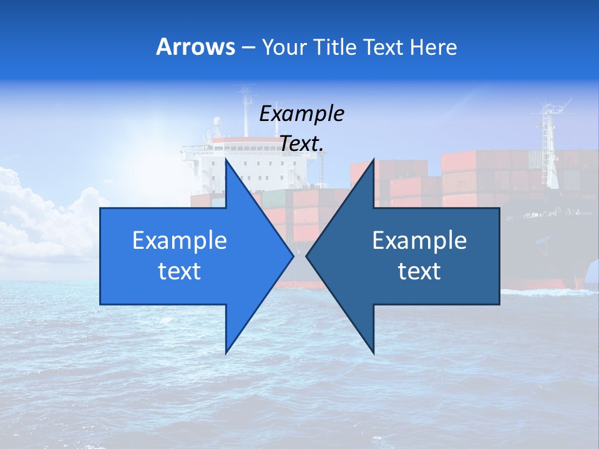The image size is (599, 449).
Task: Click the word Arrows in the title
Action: click(x=196, y=47)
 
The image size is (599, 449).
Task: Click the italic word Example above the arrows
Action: click(x=302, y=113)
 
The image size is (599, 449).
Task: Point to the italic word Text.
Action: click(x=302, y=143)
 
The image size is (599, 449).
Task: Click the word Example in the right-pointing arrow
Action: click(x=180, y=241)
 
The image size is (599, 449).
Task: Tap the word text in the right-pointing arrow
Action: click(x=180, y=271)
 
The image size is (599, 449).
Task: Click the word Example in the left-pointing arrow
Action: click(x=419, y=241)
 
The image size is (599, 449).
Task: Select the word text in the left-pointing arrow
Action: click(x=419, y=271)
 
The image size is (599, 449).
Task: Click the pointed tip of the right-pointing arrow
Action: click(x=293, y=256)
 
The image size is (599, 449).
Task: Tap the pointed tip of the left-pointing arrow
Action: click(x=306, y=256)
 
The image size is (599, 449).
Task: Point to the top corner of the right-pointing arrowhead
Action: click(x=226, y=159)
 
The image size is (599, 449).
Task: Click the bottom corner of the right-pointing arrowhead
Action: click(x=226, y=353)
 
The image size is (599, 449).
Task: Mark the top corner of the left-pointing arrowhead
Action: click(x=373, y=159)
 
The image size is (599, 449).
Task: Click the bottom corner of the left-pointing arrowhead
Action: click(x=373, y=353)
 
